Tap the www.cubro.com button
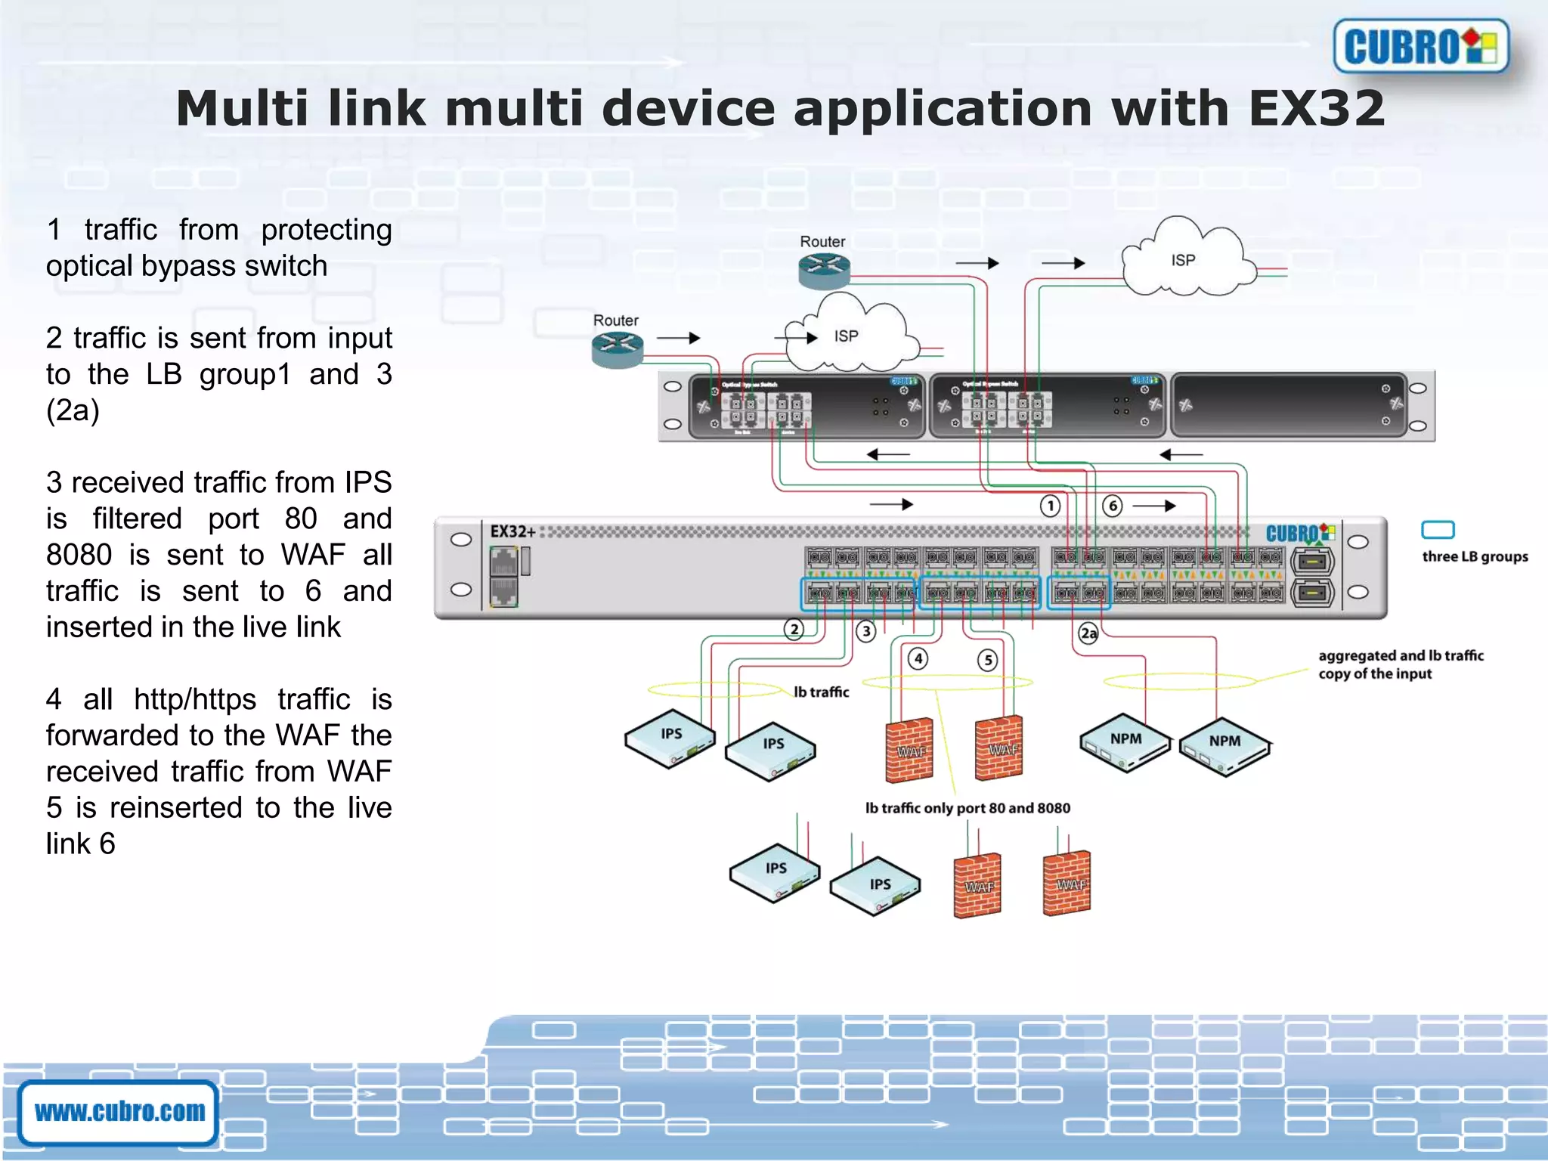(119, 1111)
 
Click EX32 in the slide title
(1316, 108)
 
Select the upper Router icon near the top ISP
(824, 270)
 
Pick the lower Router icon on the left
(617, 349)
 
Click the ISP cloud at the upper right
(1184, 261)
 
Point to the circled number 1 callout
(1050, 506)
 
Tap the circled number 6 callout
(1112, 506)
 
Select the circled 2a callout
(1088, 633)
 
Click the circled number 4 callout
(918, 658)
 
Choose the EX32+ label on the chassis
(512, 531)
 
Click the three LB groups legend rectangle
(1437, 530)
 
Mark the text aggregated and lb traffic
(1401, 655)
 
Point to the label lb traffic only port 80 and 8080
(967, 808)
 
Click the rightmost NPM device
(1224, 745)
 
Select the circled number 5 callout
(987, 660)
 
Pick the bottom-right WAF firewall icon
(1067, 883)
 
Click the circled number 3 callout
(865, 630)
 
